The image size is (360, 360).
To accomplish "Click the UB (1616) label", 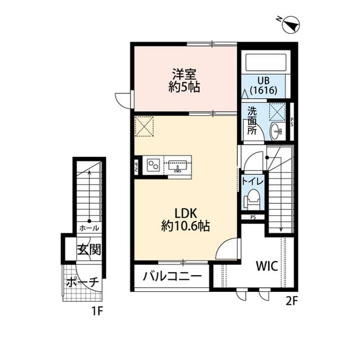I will pyautogui.click(x=263, y=84).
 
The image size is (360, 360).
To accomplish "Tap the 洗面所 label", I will pyautogui.click(x=252, y=120).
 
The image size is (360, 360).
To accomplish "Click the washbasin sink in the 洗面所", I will pyautogui.click(x=276, y=132).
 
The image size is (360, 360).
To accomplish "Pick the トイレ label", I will pyautogui.click(x=250, y=181).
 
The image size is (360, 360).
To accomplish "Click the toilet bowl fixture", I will pyautogui.click(x=253, y=199).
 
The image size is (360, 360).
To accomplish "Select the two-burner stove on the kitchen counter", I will pyautogui.click(x=152, y=165).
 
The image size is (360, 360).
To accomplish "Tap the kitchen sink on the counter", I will pyautogui.click(x=179, y=165).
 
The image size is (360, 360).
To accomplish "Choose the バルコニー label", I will pyautogui.click(x=172, y=277).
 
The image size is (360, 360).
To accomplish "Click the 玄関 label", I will pyautogui.click(x=89, y=249).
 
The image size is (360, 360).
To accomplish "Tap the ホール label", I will pyautogui.click(x=89, y=228).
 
